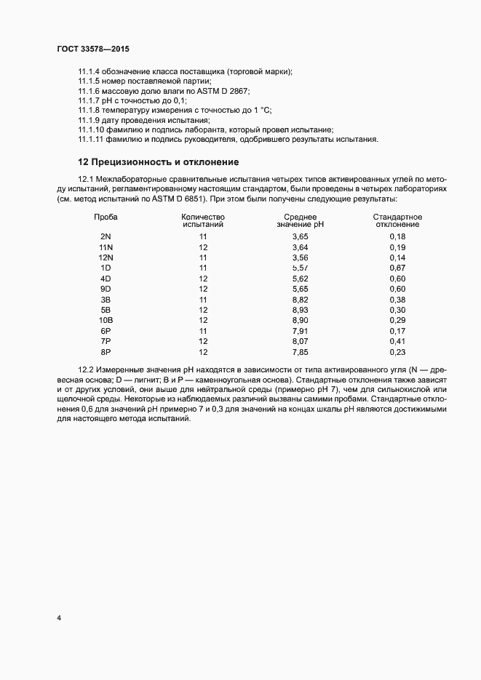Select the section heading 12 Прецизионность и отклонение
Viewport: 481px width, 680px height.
(x=159, y=161)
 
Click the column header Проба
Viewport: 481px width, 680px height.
(x=106, y=217)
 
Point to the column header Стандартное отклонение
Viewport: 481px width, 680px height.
(x=397, y=221)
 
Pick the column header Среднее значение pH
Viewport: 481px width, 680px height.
(x=300, y=221)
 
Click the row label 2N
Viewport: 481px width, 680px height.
(x=106, y=237)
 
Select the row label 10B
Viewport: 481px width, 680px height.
(x=106, y=321)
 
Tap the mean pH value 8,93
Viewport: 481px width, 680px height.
(x=300, y=310)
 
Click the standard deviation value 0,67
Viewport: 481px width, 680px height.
(x=397, y=268)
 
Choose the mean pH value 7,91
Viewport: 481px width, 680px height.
(x=300, y=331)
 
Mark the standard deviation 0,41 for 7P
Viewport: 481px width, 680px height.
(x=397, y=341)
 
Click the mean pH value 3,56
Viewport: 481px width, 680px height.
(x=300, y=257)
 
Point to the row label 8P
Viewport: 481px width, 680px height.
(x=106, y=352)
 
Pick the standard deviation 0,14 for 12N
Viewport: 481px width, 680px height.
(x=397, y=257)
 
